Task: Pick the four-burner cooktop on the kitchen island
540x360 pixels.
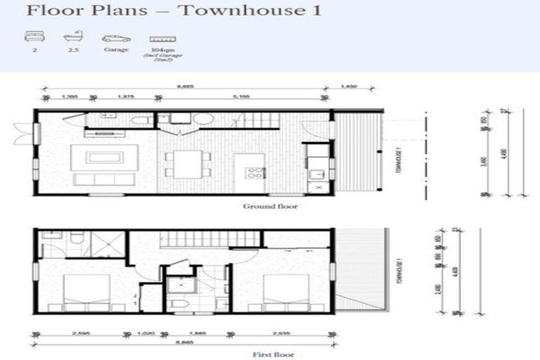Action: [x=254, y=172]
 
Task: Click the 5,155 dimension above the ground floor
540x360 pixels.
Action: [x=243, y=98]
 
